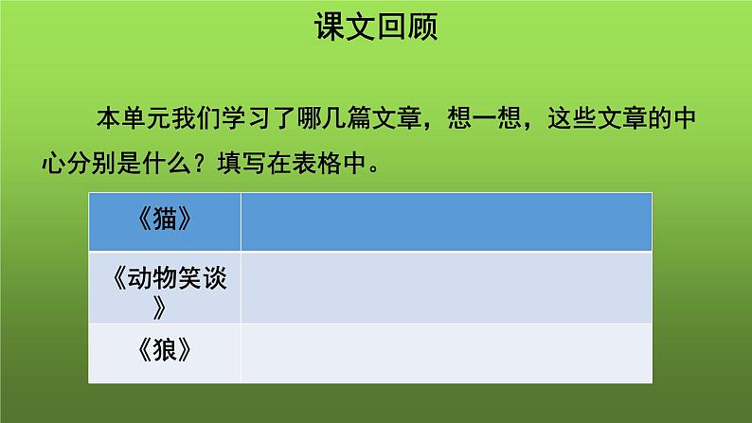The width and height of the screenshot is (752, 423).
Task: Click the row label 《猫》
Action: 164,220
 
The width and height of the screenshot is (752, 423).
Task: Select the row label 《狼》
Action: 164,349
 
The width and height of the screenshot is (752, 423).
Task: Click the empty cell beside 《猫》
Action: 445,220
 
